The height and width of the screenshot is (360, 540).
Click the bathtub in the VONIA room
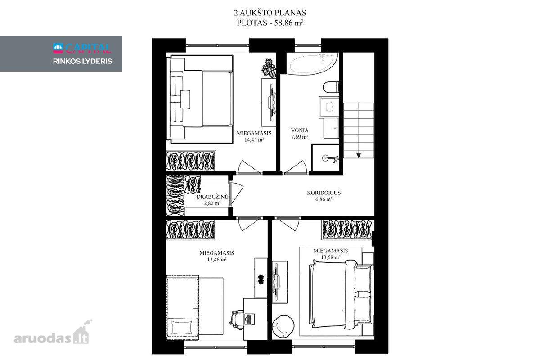[x=312, y=63]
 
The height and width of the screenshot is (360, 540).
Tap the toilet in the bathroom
[x=331, y=87]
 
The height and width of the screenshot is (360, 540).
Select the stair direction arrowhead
[x=359, y=155]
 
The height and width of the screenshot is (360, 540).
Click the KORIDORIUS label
[x=324, y=193]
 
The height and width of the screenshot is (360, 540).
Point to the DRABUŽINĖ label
[x=212, y=197]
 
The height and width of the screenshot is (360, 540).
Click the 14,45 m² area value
[x=254, y=139]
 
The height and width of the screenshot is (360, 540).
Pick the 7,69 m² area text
[x=300, y=137]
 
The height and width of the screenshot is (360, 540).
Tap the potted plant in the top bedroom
[x=269, y=68]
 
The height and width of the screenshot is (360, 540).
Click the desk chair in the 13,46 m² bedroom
[x=237, y=319]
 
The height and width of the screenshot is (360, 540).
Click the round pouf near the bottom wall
[x=283, y=327]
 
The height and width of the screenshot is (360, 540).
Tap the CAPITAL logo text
[x=88, y=48]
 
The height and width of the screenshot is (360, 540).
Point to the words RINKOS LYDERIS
[x=82, y=61]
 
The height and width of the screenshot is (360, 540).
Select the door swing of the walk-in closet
[x=236, y=194]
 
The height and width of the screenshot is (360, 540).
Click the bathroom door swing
[x=295, y=167]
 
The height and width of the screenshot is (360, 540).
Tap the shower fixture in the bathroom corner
[x=330, y=158]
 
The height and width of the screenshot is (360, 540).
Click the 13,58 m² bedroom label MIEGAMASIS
[x=330, y=251]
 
